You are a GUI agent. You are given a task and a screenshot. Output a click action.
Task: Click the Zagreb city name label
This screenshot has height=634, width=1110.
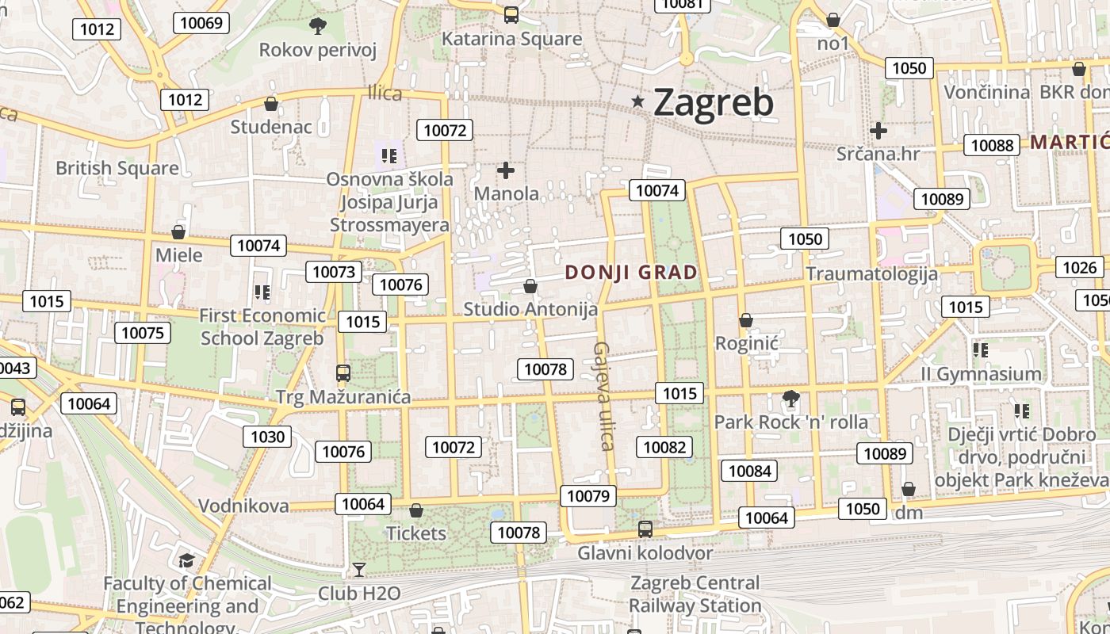click(713, 102)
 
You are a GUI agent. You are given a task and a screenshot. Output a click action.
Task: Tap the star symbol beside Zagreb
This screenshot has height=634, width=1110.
click(637, 101)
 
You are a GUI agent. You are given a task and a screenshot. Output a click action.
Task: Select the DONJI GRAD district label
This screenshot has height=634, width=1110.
click(631, 273)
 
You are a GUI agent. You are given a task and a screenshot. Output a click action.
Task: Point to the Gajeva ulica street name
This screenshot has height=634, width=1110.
click(604, 395)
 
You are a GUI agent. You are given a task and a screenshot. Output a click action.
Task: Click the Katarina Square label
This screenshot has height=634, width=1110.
click(511, 39)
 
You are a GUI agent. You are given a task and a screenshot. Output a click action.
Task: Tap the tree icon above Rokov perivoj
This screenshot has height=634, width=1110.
click(317, 26)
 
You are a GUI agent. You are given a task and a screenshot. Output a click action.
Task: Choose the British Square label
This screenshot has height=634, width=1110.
click(117, 168)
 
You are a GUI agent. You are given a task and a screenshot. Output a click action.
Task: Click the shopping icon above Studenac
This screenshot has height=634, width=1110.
click(271, 104)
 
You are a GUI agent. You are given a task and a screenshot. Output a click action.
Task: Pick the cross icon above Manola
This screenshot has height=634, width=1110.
click(506, 170)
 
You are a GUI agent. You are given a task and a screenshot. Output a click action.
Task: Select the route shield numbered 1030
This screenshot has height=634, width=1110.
click(267, 437)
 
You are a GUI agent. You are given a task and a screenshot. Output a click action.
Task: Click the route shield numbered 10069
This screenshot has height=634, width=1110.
click(201, 22)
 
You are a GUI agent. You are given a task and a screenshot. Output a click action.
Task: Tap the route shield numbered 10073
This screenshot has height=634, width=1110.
click(334, 272)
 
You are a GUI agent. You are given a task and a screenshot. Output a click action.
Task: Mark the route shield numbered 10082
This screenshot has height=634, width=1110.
click(664, 447)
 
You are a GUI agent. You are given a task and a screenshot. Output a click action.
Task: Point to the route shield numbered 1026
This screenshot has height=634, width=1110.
click(1079, 267)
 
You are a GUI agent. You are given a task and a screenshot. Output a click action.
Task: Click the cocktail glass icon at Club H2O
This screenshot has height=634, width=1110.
click(359, 569)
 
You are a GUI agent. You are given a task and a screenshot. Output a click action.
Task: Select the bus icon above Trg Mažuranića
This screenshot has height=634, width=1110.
click(343, 372)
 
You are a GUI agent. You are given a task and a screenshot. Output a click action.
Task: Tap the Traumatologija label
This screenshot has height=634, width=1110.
click(871, 274)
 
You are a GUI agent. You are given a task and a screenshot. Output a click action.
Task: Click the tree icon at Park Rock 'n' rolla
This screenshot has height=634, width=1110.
click(790, 398)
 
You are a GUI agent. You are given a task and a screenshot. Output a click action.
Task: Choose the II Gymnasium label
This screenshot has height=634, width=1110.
click(981, 373)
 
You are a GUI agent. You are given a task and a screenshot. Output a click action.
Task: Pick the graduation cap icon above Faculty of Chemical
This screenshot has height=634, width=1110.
click(186, 560)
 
